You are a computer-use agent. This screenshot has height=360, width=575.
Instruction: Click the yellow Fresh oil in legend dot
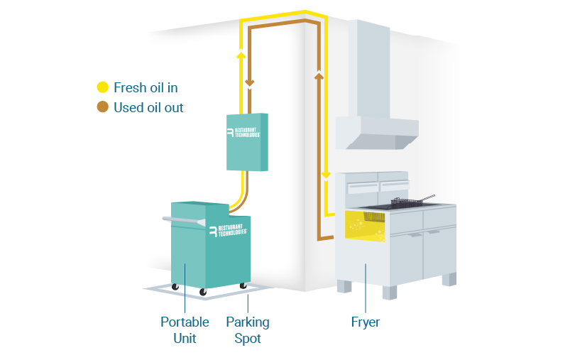coord(103,87)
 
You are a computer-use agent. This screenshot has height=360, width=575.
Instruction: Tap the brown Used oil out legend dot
coord(103,107)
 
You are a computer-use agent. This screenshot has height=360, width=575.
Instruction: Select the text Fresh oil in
coord(146,88)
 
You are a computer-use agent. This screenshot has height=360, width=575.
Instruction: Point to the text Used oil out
coord(148,107)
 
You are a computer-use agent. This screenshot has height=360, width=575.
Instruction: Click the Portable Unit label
coord(185,330)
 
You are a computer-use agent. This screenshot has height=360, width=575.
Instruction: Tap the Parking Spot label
coord(248,330)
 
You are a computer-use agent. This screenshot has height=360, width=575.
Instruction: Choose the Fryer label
coord(366,322)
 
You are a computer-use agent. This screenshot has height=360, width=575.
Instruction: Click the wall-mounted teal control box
coord(247,142)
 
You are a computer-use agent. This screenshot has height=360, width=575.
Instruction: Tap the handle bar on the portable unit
coord(184,221)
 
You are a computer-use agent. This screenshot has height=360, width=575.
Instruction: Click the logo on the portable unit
coord(228,231)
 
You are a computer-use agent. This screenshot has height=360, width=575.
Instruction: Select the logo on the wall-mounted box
coord(243,133)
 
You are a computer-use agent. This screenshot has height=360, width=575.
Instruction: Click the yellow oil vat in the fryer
coord(365,226)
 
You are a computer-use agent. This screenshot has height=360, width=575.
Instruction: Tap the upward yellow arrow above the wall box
coord(241,55)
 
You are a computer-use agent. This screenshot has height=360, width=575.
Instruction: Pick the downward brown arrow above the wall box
coord(250,82)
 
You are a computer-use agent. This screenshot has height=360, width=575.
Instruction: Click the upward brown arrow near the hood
coord(319,75)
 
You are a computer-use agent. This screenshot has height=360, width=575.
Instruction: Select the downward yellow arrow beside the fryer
coord(326,175)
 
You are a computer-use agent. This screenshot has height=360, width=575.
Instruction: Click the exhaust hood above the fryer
coord(376,85)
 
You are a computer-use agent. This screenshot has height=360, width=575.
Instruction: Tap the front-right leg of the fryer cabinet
coord(390,293)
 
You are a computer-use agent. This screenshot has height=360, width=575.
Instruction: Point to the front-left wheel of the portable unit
coord(203,292)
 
